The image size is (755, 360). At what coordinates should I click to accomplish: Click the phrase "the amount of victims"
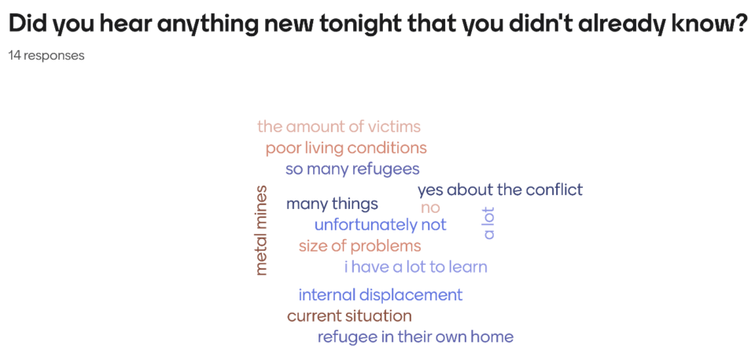339,127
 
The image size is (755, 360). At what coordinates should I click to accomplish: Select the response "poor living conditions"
346,149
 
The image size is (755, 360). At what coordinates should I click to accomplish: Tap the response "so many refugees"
352,170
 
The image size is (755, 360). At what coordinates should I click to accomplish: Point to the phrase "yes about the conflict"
500,189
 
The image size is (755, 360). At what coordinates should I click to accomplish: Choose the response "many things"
332,204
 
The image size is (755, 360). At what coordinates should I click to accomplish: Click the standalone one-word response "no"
430,208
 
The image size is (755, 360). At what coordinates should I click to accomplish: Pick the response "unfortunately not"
381,224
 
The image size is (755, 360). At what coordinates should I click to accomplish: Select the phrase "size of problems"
359,246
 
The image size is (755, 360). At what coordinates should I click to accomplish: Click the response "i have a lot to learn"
416,266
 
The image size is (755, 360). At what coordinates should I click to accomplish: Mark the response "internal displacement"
381,295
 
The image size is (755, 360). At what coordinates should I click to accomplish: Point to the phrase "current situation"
349,316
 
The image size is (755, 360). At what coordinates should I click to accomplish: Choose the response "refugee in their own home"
415,337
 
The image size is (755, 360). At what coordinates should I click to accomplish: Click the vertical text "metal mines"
261,230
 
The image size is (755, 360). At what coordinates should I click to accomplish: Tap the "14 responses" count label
46,56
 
